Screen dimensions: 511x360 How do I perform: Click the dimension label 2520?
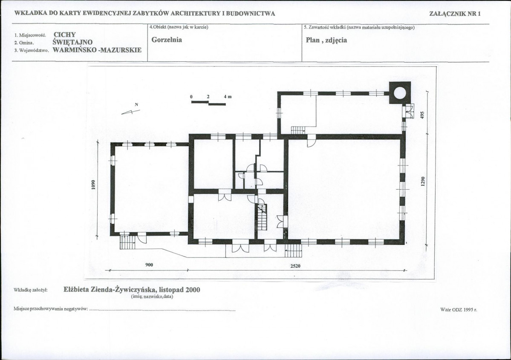(295, 266)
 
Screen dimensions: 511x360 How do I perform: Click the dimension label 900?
(149, 265)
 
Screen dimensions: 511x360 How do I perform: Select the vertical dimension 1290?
(423, 181)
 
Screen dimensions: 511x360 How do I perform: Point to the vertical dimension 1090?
(93, 185)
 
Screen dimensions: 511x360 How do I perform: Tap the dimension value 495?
(422, 115)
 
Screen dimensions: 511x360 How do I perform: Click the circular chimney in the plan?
(400, 93)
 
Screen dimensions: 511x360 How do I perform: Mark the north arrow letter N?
(136, 104)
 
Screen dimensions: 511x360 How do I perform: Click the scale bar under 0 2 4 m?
(208, 103)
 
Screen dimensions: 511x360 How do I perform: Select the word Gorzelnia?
(167, 40)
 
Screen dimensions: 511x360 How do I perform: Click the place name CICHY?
(64, 35)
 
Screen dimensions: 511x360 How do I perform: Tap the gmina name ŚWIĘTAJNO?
(72, 42)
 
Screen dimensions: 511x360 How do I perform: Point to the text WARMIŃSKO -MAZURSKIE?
(97, 50)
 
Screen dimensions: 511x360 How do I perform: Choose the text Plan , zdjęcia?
(326, 40)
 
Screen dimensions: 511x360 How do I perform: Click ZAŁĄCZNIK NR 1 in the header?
(455, 13)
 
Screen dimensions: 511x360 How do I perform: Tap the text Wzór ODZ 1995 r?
(459, 309)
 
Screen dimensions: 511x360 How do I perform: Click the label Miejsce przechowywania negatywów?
(51, 309)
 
